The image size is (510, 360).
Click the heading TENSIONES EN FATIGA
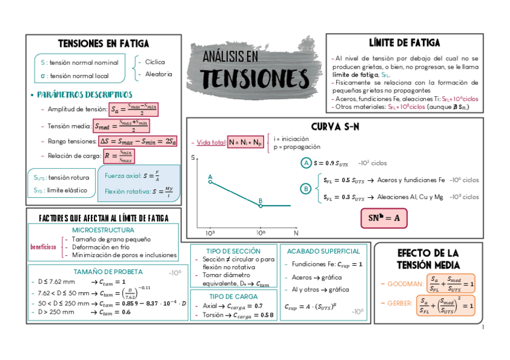click(x=103, y=43)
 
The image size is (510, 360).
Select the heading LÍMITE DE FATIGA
click(x=404, y=43)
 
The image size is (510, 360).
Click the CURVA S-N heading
click(x=335, y=127)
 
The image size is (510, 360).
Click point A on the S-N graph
click(x=210, y=181)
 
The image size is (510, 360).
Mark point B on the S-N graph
click(x=260, y=205)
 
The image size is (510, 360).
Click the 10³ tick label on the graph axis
click(x=210, y=232)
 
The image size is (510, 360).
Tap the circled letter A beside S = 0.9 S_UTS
click(x=306, y=163)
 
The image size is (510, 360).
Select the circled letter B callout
click(x=306, y=189)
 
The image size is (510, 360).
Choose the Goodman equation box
click(x=450, y=283)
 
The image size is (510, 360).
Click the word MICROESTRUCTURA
click(x=103, y=230)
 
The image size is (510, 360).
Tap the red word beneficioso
click(x=43, y=247)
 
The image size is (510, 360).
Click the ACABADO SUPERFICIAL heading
click(x=324, y=251)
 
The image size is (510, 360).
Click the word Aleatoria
click(x=159, y=74)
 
